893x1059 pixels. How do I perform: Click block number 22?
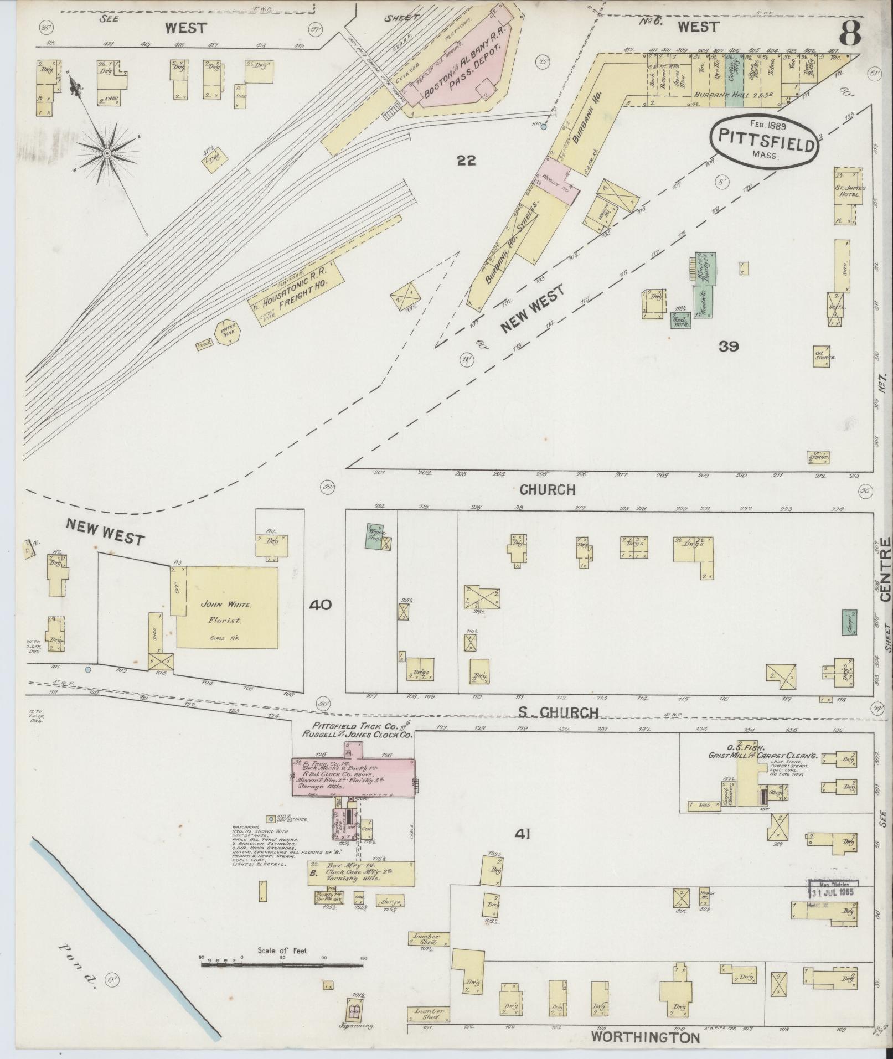click(467, 161)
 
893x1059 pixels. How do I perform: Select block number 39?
click(729, 347)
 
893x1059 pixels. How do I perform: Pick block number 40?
click(321, 605)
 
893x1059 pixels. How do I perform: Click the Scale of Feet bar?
click(282, 964)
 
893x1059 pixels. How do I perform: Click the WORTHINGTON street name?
click(645, 1037)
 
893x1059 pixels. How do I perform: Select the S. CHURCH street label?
click(559, 712)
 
